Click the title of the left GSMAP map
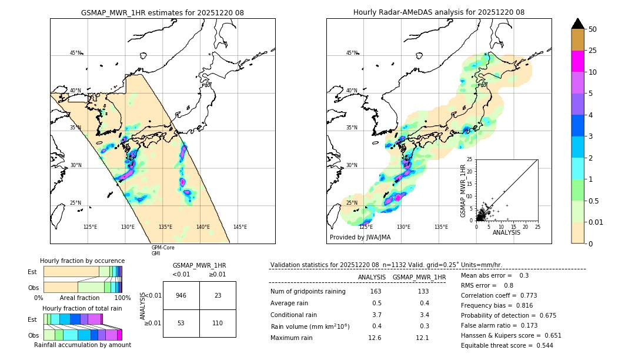click(162, 12)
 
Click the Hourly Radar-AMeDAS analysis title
click(439, 12)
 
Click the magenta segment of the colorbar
click(577, 61)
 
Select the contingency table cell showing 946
click(181, 295)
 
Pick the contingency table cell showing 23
click(218, 295)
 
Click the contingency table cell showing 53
click(181, 323)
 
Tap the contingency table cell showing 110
click(218, 323)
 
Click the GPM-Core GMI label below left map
click(163, 251)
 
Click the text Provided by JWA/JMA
click(360, 237)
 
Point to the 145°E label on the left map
click(240, 227)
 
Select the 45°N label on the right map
click(352, 53)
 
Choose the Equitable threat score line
click(507, 345)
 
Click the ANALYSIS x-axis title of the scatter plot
click(507, 232)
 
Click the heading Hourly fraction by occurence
click(82, 261)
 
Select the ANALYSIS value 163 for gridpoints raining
click(376, 291)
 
